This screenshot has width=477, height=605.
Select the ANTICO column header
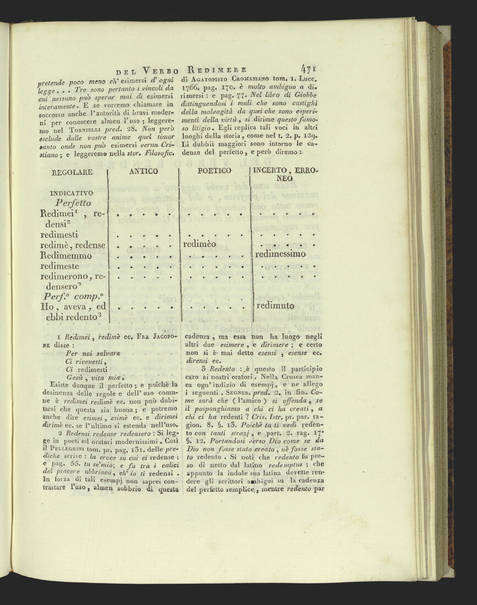coord(143,171)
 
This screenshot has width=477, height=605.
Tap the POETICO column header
coord(214,171)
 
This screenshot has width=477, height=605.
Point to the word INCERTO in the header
coord(274,171)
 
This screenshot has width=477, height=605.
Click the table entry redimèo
coord(200,244)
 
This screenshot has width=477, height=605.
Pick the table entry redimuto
coord(275,306)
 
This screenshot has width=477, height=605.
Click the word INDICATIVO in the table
coord(71,193)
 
